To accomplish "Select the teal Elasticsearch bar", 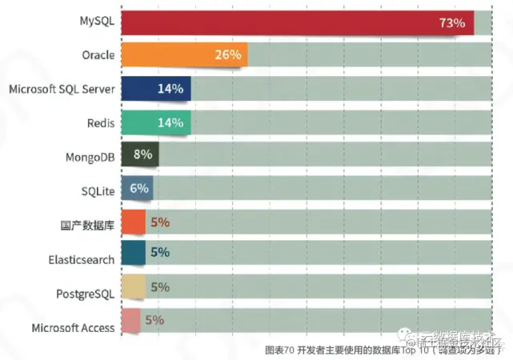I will click(x=133, y=253).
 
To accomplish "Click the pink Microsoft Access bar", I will click(x=130, y=320).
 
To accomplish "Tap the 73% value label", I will click(x=451, y=23).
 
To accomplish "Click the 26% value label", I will click(x=227, y=55).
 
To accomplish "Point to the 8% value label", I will click(x=143, y=155).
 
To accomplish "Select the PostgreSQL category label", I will click(x=86, y=293).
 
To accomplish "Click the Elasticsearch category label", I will click(x=82, y=259).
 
